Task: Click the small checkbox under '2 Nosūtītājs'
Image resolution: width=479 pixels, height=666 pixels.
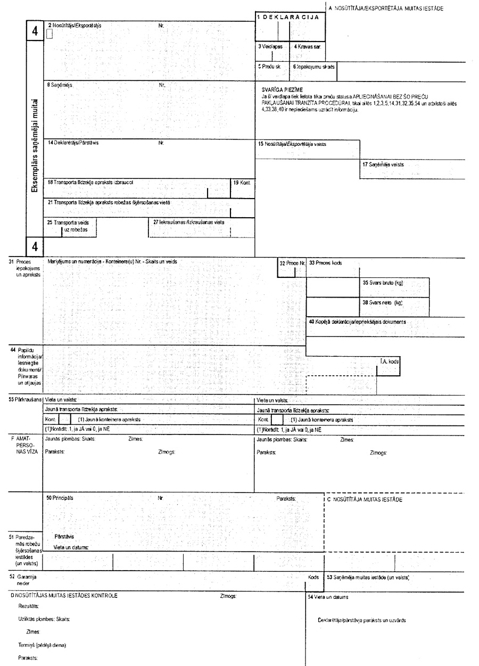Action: [49, 35]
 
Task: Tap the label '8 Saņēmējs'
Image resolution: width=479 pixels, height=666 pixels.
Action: [60, 85]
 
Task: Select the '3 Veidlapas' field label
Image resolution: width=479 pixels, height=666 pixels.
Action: [270, 47]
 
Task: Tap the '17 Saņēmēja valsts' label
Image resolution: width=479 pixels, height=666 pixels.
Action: [383, 165]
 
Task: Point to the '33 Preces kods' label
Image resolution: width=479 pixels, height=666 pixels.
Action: [326, 263]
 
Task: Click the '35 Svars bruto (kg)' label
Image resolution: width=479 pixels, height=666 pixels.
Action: [383, 283]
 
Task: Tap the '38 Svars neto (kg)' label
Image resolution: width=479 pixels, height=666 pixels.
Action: [383, 302]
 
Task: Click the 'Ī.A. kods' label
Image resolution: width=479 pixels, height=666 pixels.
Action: [390, 361]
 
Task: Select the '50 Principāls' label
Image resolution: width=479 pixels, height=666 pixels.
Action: [61, 498]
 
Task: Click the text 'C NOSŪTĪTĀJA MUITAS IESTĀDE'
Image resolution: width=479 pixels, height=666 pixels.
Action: [365, 500]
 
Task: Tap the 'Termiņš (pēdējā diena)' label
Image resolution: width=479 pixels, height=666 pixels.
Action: [42, 645]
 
